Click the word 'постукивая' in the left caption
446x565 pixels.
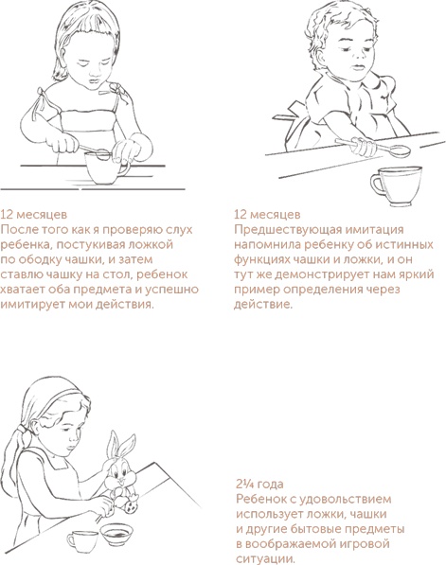coord(100,244)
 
